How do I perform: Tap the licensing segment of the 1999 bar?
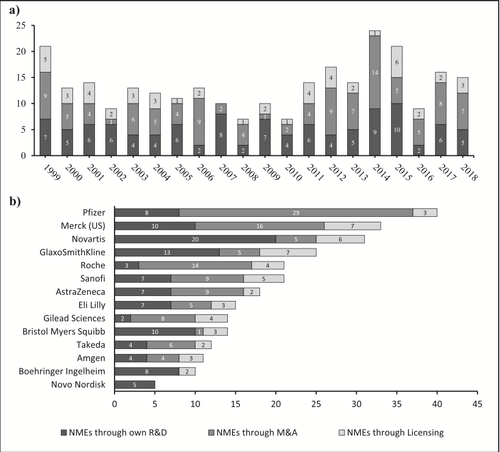click(x=45, y=59)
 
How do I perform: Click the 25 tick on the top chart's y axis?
click(x=20, y=26)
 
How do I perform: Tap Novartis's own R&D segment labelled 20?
click(x=195, y=239)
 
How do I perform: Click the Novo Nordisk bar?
click(x=135, y=384)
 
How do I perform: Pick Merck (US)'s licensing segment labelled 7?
click(x=353, y=225)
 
